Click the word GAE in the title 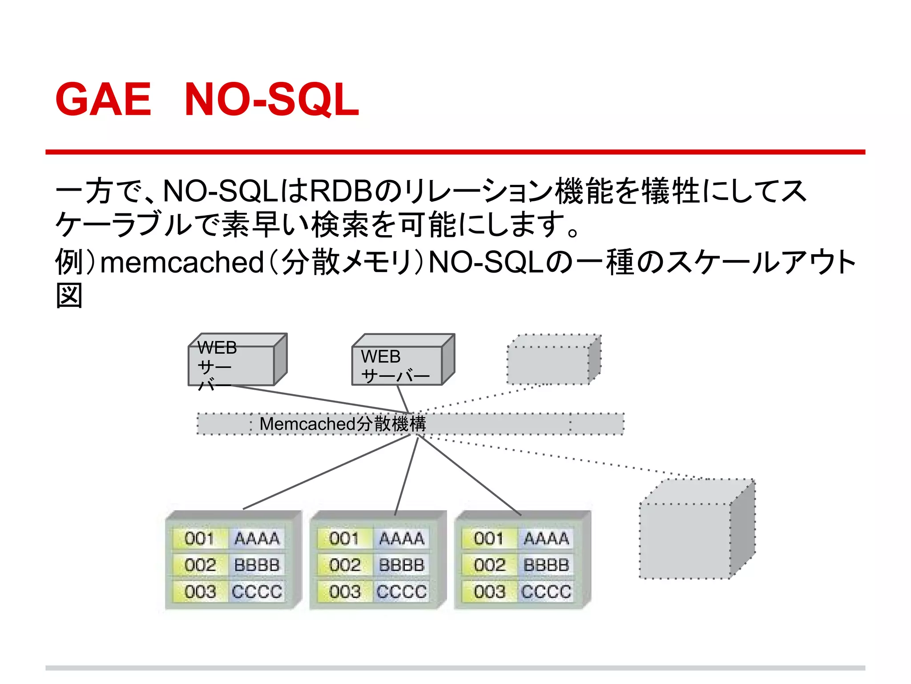(103, 100)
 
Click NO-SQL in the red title (271, 100)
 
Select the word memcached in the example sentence (182, 262)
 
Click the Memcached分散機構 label (343, 424)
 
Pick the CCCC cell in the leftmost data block (257, 592)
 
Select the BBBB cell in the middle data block (402, 565)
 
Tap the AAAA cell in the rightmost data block (546, 539)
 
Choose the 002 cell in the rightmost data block (489, 565)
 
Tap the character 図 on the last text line (69, 296)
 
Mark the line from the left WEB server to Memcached (320, 399)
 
